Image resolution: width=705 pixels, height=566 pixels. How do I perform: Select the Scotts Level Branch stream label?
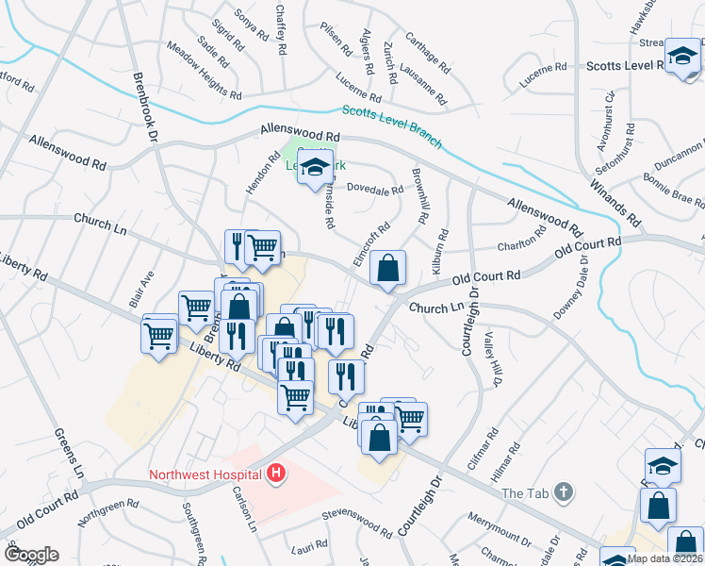pos(391,126)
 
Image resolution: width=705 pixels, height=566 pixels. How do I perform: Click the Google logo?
pos(31,555)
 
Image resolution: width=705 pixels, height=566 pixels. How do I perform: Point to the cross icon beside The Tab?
pos(563,492)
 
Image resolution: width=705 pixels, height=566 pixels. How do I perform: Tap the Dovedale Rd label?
pos(375,189)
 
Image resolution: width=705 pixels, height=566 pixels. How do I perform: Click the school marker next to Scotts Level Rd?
pos(681,57)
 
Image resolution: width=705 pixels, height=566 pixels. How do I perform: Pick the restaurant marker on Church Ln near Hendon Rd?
pos(238,247)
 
